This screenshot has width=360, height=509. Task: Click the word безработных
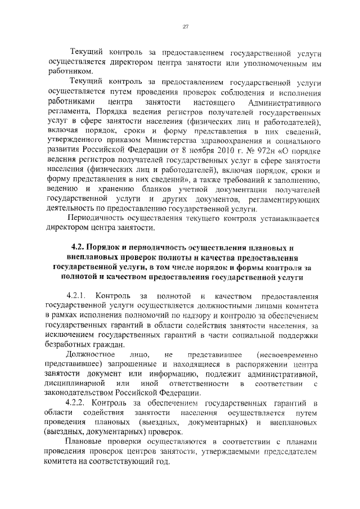(x=69, y=344)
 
